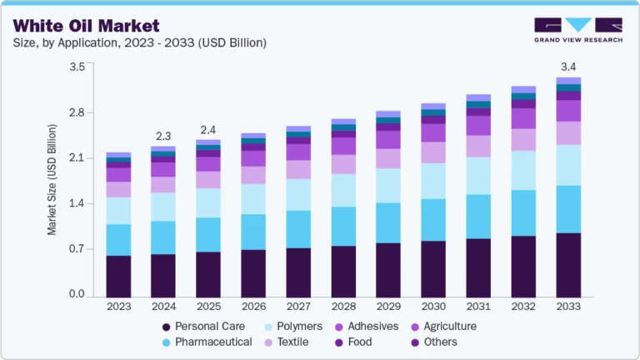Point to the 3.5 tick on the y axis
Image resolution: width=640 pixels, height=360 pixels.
click(x=77, y=67)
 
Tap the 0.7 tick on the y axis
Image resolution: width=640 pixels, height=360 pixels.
click(x=77, y=249)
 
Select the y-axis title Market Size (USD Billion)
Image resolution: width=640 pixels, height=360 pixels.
click(x=52, y=179)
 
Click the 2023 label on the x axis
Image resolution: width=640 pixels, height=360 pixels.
click(x=118, y=307)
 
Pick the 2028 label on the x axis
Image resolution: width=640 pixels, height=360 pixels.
click(x=343, y=307)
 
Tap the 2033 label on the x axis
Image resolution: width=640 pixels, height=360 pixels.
click(x=568, y=307)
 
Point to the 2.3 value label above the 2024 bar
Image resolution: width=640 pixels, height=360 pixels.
click(x=163, y=136)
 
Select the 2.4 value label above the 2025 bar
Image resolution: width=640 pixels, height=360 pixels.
click(x=208, y=129)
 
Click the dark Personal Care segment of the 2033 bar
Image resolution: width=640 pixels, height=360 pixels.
click(x=568, y=265)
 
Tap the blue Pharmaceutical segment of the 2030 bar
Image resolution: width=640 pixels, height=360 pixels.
click(x=433, y=219)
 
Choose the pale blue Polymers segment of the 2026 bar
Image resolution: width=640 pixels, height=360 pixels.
click(x=253, y=198)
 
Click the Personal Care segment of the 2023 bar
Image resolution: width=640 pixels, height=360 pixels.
click(x=118, y=276)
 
